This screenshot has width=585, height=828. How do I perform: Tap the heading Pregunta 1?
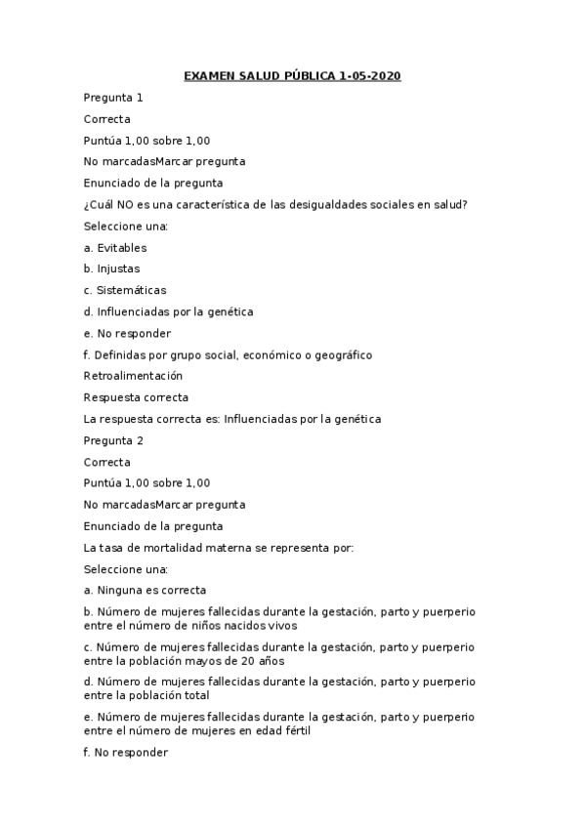coord(113,98)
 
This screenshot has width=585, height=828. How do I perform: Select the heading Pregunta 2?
coord(113,440)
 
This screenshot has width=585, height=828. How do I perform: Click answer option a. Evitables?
coord(115,248)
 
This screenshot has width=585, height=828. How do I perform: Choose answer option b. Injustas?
coord(111,269)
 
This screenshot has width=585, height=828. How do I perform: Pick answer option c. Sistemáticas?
coord(125,290)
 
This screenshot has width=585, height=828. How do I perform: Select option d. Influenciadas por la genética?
coord(168,311)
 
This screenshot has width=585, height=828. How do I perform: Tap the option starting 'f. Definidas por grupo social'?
coord(228,354)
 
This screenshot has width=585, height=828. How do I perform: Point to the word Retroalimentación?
coord(133,376)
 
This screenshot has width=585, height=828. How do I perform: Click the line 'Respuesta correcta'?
coord(136,397)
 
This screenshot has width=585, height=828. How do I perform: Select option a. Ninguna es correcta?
coord(145,590)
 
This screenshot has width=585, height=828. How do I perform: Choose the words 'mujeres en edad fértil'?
coord(261,731)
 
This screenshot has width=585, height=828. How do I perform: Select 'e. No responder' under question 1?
coord(127,333)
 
